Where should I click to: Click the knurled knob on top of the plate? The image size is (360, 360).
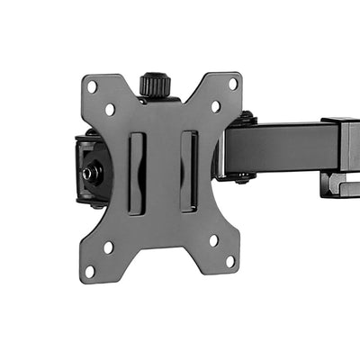click(155, 85)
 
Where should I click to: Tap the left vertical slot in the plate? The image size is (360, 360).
click(136, 172)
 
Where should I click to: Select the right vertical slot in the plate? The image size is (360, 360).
click(188, 171)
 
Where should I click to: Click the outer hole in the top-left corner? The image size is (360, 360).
click(92, 86)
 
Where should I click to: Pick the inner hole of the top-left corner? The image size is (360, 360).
click(110, 109)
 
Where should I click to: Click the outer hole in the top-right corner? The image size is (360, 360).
click(232, 84)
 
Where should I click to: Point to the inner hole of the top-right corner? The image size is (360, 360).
click(215, 106)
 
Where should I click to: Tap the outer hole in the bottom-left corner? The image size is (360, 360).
click(90, 269)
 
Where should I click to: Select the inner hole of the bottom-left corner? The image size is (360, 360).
click(108, 247)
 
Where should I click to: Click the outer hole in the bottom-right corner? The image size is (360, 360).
click(230, 261)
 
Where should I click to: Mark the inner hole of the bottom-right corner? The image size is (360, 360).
click(213, 239)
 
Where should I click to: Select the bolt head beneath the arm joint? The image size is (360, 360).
click(244, 177)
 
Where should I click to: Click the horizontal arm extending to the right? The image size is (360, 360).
click(283, 147)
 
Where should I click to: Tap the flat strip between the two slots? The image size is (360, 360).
click(162, 171)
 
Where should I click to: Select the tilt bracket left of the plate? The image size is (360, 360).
click(86, 171)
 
